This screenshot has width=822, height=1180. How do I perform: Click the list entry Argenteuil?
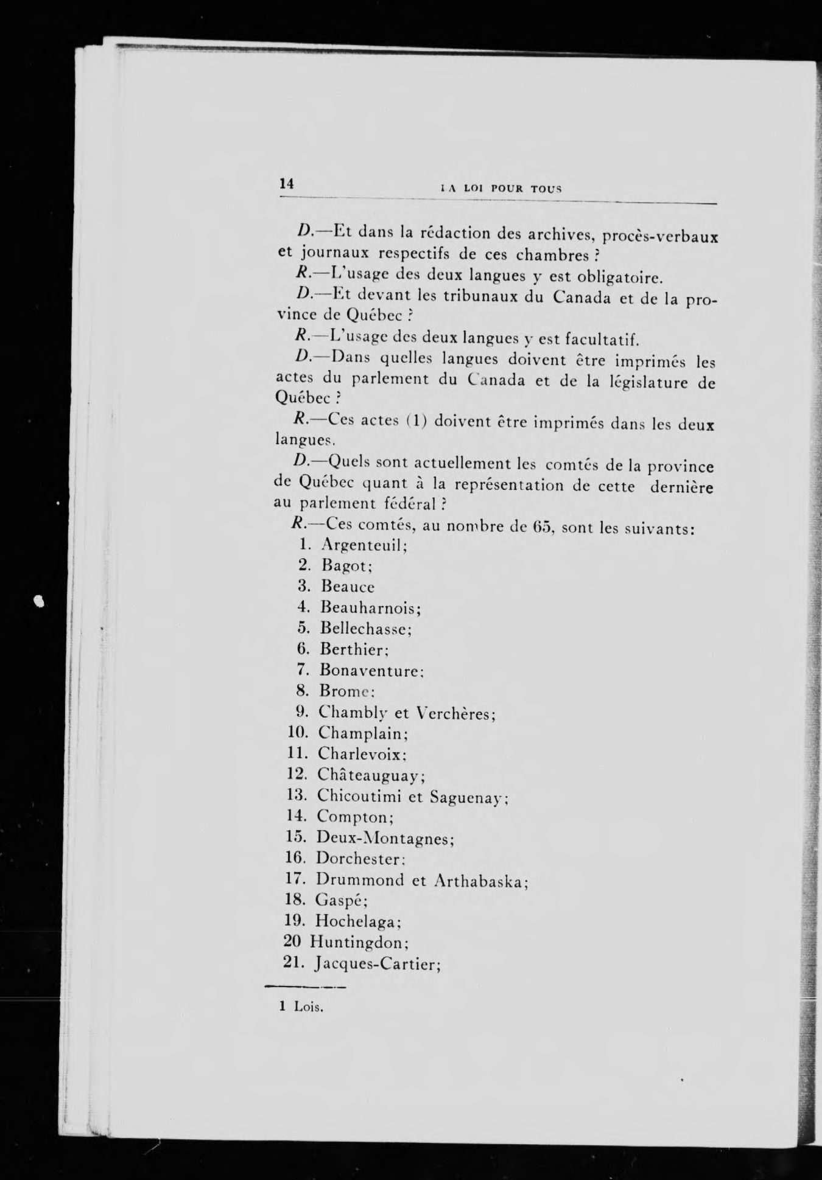point(364,545)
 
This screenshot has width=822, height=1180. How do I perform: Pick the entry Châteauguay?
point(371,775)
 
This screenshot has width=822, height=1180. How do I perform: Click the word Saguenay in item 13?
point(469,797)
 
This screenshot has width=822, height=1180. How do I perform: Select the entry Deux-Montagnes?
point(385,839)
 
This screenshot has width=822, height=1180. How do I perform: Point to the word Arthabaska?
point(482,881)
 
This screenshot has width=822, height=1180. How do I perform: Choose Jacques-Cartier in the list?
point(378,965)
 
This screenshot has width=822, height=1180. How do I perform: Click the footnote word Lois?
point(309,1007)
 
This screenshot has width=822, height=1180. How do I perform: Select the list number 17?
point(295,879)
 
